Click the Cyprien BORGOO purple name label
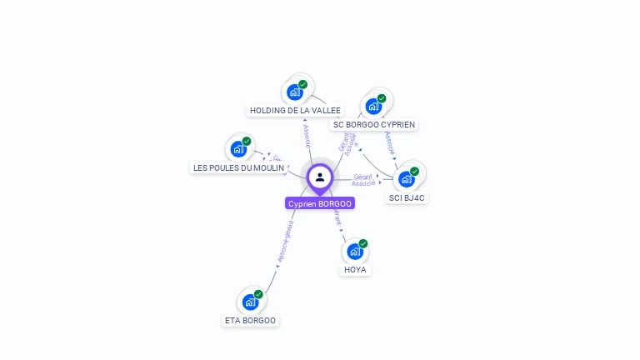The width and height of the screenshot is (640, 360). pos(320,203)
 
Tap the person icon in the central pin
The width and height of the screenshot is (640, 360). pos(320,177)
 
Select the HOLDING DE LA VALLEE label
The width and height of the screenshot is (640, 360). pos(296,110)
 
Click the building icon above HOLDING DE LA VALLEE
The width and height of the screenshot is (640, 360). pos(294,92)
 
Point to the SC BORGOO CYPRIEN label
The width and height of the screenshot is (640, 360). pos(373,125)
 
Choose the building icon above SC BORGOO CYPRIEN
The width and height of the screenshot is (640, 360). pos(372,106)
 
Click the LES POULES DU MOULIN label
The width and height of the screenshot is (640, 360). pos(238,167)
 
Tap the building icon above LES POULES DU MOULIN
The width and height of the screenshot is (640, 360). pos(238,150)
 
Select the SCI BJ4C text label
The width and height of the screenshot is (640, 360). pos(407,197)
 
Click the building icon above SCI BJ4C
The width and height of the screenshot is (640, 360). pos(406,179)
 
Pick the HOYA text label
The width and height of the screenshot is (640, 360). pos(355,269)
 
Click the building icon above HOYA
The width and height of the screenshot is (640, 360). pos(354,251)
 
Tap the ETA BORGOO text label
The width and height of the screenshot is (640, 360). pos(250,320)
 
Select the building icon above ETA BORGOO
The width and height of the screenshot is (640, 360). pos(250,302)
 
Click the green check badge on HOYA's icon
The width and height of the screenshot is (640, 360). pos(363,243)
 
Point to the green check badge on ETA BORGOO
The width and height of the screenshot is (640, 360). pos(258,294)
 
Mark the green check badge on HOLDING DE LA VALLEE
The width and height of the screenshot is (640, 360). pos(303,84)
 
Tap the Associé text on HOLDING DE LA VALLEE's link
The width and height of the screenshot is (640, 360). pos(307,136)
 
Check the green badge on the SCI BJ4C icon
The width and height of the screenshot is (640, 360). pos(414,172)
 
